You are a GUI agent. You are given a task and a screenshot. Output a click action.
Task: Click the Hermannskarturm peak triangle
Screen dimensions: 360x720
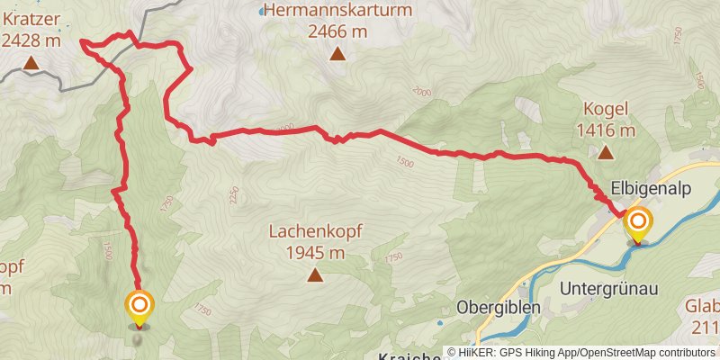click(x=337, y=55)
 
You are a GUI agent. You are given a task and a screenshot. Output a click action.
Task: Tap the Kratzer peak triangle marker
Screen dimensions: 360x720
click(x=31, y=63)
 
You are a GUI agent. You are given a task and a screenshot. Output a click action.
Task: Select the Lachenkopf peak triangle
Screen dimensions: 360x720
click(x=314, y=275)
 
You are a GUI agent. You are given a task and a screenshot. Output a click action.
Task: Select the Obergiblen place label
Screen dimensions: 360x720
click(x=498, y=306)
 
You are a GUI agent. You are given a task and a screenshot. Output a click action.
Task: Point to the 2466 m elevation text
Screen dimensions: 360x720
click(x=337, y=31)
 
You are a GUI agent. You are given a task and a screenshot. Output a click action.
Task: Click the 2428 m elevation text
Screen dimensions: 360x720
click(x=31, y=40)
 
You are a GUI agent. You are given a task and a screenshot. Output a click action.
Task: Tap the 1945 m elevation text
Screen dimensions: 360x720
click(x=314, y=253)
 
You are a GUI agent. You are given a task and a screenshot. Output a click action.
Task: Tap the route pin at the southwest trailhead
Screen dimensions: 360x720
click(x=139, y=308)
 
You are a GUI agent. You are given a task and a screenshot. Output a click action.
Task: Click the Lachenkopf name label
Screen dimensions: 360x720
click(x=315, y=231)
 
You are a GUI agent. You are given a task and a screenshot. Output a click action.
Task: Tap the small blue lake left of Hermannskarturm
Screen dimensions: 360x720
click(x=262, y=11)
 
